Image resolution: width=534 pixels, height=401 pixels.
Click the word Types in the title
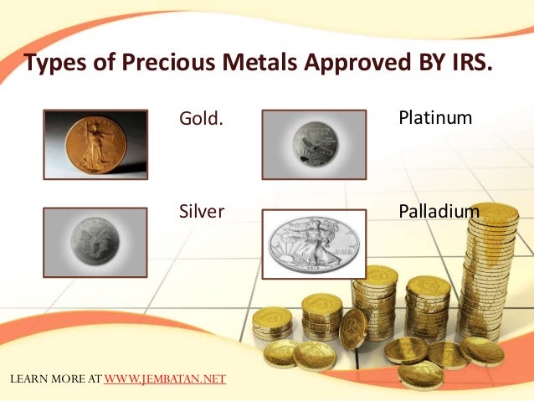pos(54,64)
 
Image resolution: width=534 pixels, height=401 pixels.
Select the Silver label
pos(202,211)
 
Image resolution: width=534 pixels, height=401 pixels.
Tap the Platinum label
pos(435,118)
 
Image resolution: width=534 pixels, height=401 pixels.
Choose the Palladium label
pos(439,211)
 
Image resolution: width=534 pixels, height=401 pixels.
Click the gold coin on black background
pos(95,144)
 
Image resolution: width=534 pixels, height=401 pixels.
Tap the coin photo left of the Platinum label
pos(314,144)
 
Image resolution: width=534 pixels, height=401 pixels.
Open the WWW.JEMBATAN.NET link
pos(165,378)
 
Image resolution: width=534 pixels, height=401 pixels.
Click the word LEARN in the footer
pos(27,378)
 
